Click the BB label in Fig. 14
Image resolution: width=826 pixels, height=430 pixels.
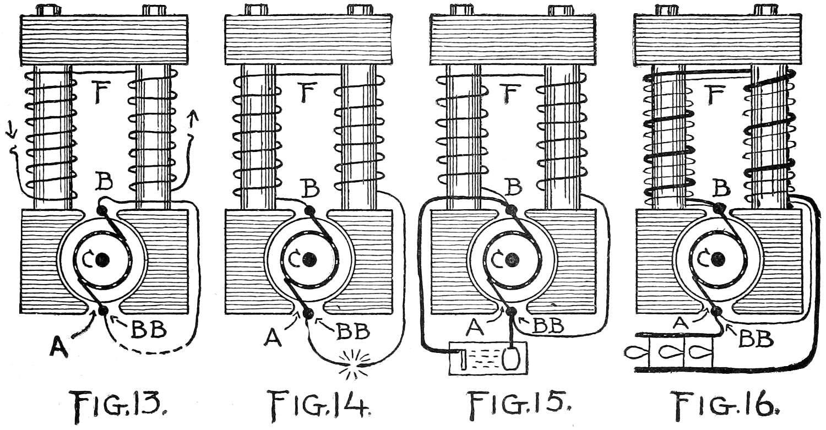click(x=352, y=332)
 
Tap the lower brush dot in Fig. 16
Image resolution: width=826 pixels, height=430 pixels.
click(x=716, y=312)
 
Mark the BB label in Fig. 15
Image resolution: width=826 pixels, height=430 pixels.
click(x=547, y=326)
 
